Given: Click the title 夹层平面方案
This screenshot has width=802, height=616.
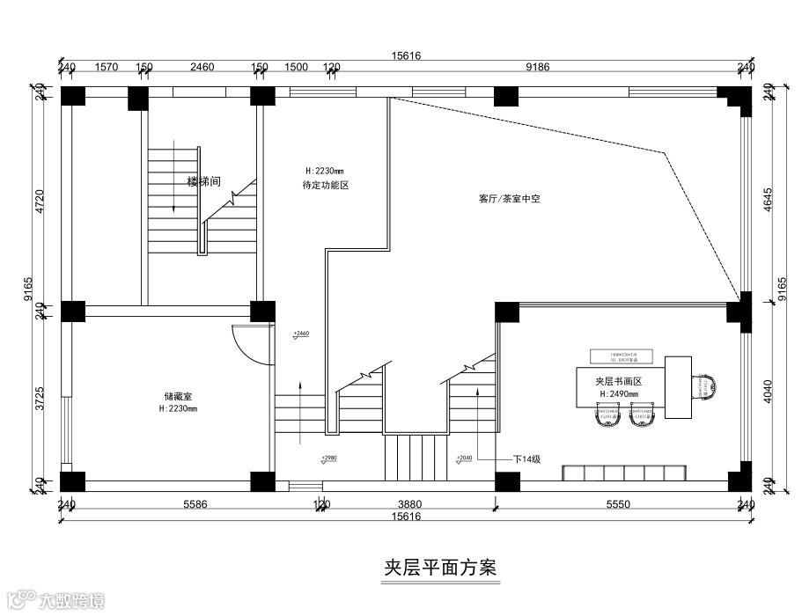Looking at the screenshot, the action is coord(440,568).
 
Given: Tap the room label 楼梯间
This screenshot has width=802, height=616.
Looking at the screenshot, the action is coord(203,182).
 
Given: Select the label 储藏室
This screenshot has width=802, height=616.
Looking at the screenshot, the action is coord(178,397).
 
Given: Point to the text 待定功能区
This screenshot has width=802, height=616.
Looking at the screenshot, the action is coord(326,185).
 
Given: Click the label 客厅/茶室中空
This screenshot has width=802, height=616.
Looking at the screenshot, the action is coord(509,199).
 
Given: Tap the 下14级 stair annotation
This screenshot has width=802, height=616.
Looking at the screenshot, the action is coord(526,458).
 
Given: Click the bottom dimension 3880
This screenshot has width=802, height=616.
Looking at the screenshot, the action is coord(410,504).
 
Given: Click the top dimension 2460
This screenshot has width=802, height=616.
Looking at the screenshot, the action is coord(202,66).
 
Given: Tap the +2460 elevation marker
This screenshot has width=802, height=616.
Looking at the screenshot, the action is coord(301,334).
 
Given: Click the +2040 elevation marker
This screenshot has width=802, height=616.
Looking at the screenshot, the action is coord(465,458).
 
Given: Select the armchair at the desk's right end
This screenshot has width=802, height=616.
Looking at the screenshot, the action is coord(707,386).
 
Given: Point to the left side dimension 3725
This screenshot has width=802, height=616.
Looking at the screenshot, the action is coord(38,398).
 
